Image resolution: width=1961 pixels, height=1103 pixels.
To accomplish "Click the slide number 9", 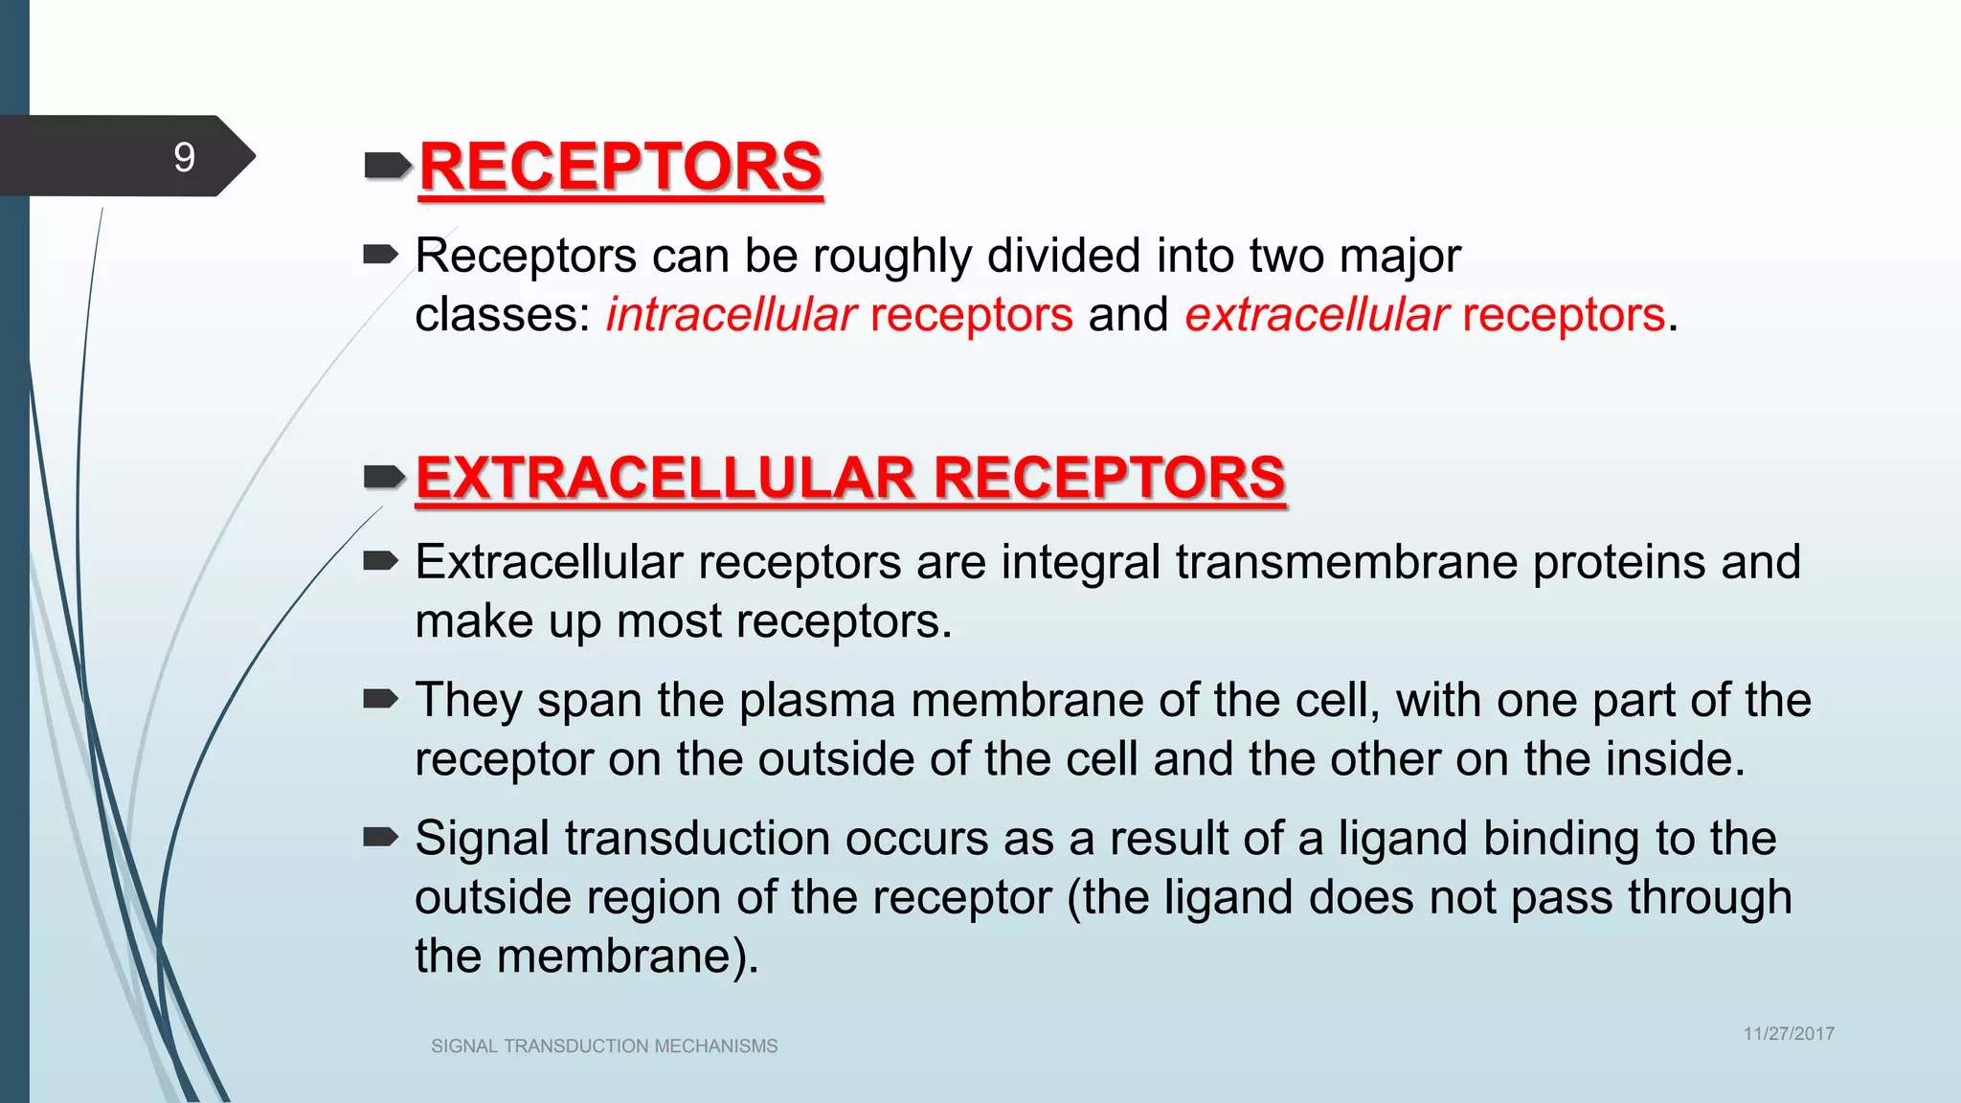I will [x=184, y=157].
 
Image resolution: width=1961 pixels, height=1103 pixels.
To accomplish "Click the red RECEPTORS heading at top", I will [x=620, y=167].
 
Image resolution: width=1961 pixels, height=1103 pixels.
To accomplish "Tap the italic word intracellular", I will [x=731, y=315].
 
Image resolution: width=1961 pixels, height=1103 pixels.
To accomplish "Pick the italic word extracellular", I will [x=1317, y=315].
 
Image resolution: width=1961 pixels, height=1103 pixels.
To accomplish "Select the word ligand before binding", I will [x=1402, y=839].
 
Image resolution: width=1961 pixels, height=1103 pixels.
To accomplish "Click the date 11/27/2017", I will [x=1788, y=1034].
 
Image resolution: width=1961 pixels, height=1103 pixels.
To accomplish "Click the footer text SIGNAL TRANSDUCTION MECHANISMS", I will [x=604, y=1047].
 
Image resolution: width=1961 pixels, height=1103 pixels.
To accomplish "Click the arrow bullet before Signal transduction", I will [x=380, y=838].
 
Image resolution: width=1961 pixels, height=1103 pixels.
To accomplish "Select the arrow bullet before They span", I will [x=380, y=700].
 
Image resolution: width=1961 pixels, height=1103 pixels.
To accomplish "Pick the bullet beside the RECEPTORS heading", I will [x=386, y=168].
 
